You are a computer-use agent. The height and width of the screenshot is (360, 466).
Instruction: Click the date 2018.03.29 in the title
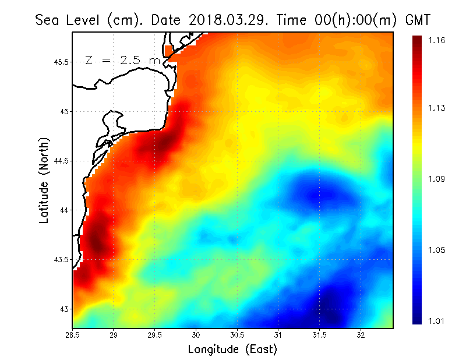pyautogui.click(x=224, y=20)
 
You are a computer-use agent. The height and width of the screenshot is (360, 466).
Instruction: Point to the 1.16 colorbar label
pyautogui.click(x=436, y=40)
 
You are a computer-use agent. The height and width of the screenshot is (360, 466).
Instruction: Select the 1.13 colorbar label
pyautogui.click(x=436, y=108)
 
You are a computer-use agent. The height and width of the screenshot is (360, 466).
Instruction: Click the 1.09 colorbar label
pyautogui.click(x=436, y=179)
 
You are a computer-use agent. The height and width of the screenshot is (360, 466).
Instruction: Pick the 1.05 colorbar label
pyautogui.click(x=436, y=250)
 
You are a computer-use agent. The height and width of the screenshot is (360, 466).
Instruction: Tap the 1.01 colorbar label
pyautogui.click(x=436, y=320)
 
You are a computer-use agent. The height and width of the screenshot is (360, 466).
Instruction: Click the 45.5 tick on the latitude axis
pyautogui.click(x=62, y=62)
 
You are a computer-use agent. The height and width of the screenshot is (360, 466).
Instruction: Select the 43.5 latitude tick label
pyautogui.click(x=62, y=259)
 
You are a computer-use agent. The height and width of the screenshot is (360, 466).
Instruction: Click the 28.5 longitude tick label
pyautogui.click(x=73, y=335)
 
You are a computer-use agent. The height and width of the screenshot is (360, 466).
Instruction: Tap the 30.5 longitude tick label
pyautogui.click(x=237, y=335)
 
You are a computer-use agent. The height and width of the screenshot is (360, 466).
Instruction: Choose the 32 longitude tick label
pyautogui.click(x=361, y=335)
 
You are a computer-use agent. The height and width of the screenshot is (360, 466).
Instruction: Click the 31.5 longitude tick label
pyautogui.click(x=319, y=335)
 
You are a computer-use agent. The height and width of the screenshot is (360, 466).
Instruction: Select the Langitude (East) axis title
pyautogui.click(x=232, y=350)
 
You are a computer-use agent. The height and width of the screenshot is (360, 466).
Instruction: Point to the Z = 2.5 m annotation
pyautogui.click(x=122, y=60)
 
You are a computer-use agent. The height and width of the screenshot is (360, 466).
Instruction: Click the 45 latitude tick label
pyautogui.click(x=65, y=111)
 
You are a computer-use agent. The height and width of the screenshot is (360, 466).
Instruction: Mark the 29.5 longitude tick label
pyautogui.click(x=155, y=335)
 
